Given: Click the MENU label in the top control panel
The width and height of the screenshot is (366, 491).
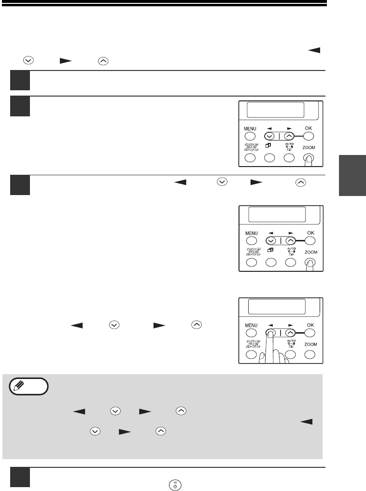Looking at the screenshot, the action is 250,129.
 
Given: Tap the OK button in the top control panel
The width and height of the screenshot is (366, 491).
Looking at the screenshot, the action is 309,136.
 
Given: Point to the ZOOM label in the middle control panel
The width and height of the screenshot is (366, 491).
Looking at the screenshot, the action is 311,252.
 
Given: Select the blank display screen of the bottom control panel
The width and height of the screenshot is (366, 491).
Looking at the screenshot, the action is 277,307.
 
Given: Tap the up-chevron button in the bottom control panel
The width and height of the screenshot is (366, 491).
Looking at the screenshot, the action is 291,333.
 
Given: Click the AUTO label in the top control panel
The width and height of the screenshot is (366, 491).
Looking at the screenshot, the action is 289,144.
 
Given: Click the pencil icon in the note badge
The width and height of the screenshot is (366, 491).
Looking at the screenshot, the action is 19,385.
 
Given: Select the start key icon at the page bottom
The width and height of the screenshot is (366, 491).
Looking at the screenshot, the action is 175,485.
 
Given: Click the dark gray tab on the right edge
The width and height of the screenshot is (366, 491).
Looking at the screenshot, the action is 352,175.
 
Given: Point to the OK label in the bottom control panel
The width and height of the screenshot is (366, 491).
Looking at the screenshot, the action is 310,325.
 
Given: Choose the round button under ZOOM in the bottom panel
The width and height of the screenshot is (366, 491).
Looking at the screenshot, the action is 310,354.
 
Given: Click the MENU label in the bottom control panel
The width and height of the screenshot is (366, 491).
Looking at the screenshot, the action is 251,325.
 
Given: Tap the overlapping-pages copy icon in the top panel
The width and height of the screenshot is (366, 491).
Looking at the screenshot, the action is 268,145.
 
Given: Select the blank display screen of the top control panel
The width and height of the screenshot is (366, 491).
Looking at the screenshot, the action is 276,110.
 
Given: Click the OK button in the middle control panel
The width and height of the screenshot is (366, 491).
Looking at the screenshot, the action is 310,241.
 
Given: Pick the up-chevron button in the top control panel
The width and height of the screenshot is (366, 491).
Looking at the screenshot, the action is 289,136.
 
